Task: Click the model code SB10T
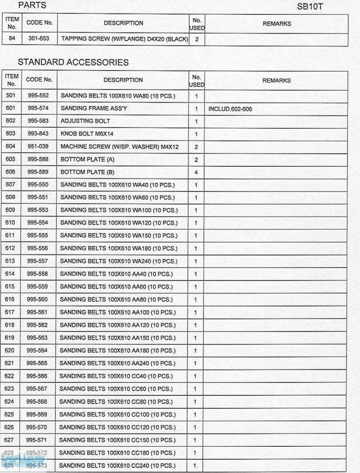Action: (x=310, y=7)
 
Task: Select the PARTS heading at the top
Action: (x=32, y=6)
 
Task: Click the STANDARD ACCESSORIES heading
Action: (x=73, y=62)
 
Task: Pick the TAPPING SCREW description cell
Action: (x=124, y=39)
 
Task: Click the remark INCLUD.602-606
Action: (x=230, y=109)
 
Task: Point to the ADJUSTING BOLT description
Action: (x=85, y=121)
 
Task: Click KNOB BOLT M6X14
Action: (x=87, y=134)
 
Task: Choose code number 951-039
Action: (x=38, y=146)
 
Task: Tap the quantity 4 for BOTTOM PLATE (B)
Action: (x=196, y=172)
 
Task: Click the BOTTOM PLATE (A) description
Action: (x=87, y=159)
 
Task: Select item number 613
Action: (x=10, y=261)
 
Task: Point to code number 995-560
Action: (x=37, y=299)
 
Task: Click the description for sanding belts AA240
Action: (x=117, y=363)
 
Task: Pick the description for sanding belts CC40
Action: (x=116, y=376)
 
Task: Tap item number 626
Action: (x=9, y=427)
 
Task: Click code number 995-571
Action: (x=37, y=440)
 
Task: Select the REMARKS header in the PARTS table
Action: (x=276, y=24)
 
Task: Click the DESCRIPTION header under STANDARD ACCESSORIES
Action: (x=123, y=80)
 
